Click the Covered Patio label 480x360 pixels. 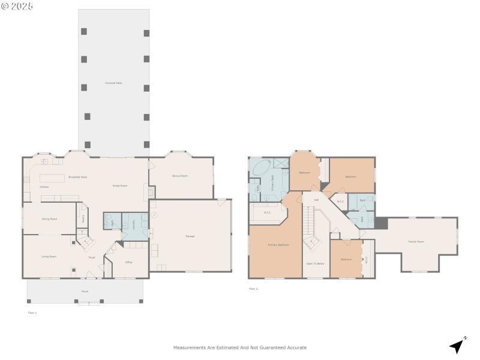113,83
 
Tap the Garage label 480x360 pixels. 190,236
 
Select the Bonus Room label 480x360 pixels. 180,176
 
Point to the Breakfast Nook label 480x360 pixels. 77,177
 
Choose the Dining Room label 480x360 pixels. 49,219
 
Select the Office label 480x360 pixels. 128,262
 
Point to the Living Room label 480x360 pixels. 49,256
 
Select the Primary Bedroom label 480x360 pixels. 278,245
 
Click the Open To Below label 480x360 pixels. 315,263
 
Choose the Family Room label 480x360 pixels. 416,241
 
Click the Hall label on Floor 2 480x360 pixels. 316,200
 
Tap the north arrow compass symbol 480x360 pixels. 458,345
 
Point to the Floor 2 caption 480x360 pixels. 253,289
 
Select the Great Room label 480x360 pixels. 120,185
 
